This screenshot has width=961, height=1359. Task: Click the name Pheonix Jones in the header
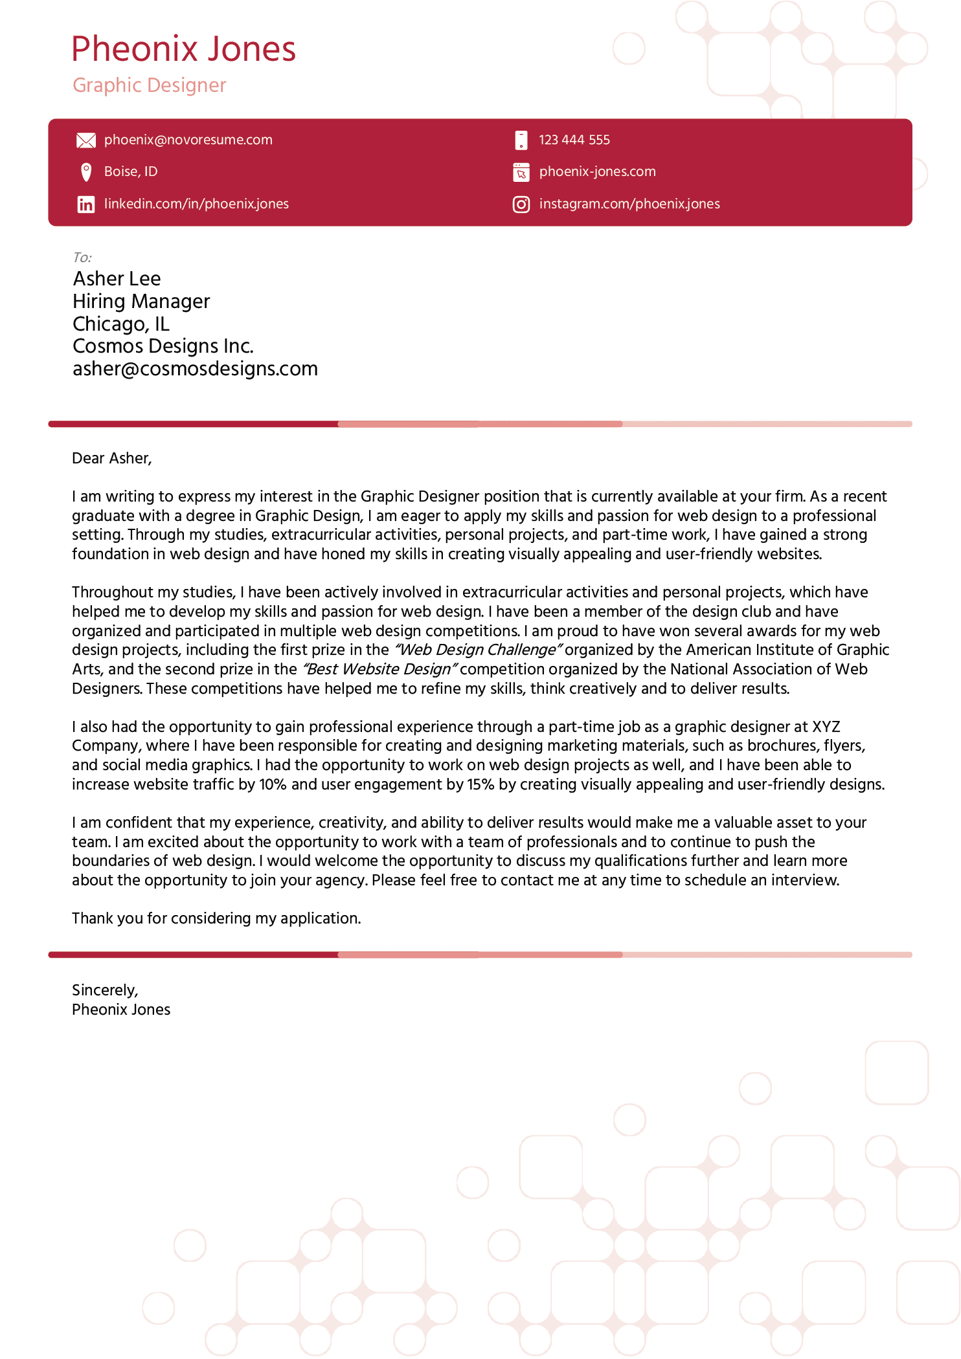pyautogui.click(x=183, y=49)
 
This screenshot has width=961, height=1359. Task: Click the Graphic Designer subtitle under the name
pyautogui.click(x=149, y=85)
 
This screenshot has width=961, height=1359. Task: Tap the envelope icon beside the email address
pyautogui.click(x=85, y=140)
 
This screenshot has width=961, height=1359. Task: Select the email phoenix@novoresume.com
pyautogui.click(x=188, y=140)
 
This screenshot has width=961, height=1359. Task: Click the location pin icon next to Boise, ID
pyautogui.click(x=85, y=172)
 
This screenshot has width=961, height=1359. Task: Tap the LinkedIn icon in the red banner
pyautogui.click(x=85, y=204)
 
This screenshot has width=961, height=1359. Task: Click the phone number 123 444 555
pyautogui.click(x=574, y=140)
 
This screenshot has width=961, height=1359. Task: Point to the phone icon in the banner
pyautogui.click(x=521, y=140)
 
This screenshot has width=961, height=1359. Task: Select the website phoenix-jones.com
pyautogui.click(x=597, y=171)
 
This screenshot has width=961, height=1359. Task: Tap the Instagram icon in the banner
pyautogui.click(x=521, y=204)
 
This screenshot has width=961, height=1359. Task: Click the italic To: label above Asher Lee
pyautogui.click(x=82, y=258)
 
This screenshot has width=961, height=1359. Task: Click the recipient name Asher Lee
pyautogui.click(x=117, y=279)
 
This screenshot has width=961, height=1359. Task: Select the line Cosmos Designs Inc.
pyautogui.click(x=163, y=346)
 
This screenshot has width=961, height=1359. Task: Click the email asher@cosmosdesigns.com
pyautogui.click(x=195, y=369)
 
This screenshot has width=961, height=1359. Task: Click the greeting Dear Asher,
pyautogui.click(x=111, y=458)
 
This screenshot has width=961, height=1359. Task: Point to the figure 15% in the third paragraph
pyautogui.click(x=480, y=784)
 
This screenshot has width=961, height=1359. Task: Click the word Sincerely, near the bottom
pyautogui.click(x=105, y=990)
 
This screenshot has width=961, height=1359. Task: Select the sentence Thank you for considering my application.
pyautogui.click(x=216, y=918)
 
